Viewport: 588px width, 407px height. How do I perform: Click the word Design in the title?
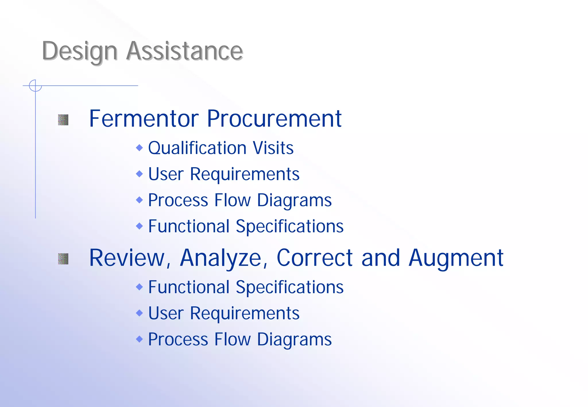(80, 52)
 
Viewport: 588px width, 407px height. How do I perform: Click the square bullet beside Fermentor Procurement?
(63, 120)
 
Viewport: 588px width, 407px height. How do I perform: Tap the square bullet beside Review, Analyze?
(63, 259)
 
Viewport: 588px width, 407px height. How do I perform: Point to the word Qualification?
(197, 148)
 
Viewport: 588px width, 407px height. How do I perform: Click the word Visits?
(273, 148)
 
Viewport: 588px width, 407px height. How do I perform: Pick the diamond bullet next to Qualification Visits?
(139, 148)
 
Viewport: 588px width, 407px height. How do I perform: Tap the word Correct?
(314, 258)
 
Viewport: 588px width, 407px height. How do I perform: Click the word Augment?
(456, 258)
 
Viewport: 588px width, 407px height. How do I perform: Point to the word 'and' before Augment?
(380, 258)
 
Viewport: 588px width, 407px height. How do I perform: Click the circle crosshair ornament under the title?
(35, 86)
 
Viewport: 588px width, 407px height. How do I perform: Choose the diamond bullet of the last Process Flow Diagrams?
(139, 339)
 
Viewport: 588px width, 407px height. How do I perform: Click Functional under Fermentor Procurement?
(189, 226)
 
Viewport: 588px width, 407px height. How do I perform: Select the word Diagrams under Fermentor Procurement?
(294, 200)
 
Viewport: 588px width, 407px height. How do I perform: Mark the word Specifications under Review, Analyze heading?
(289, 287)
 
